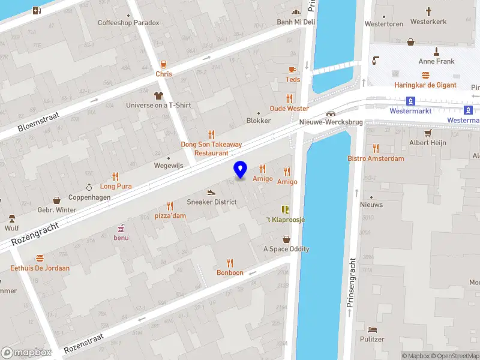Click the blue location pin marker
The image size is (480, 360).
(x=241, y=169)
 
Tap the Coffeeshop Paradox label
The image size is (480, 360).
(x=129, y=23)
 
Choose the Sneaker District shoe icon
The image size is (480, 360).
(x=211, y=192)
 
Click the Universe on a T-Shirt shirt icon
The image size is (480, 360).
(x=158, y=95)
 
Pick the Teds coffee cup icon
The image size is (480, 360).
(x=293, y=70)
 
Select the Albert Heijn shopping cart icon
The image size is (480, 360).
(x=428, y=133)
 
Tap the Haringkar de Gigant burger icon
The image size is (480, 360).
(x=425, y=75)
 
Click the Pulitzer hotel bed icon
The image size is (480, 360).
(x=373, y=329)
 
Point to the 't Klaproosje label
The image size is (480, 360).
(x=286, y=220)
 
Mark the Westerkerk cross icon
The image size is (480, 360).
(x=428, y=11)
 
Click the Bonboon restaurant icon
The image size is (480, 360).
(x=230, y=263)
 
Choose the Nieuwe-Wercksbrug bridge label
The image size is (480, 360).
(x=331, y=122)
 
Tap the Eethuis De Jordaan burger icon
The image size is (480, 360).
(x=40, y=258)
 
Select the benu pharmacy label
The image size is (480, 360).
(x=121, y=238)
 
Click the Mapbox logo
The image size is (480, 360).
(x=26, y=353)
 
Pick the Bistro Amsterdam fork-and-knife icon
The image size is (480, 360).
(x=376, y=148)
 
